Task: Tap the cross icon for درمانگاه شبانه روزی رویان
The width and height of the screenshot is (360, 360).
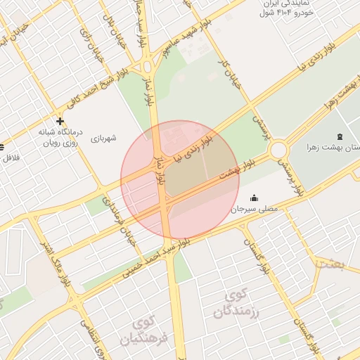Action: click(60, 121)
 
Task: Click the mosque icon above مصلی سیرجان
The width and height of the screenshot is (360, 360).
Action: click(254, 198)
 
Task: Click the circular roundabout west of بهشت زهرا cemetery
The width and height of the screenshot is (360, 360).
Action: click(278, 150)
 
